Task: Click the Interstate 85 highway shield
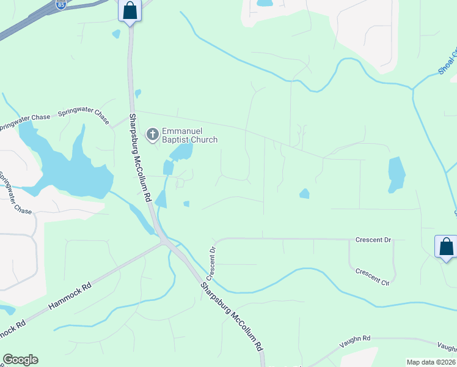click(60, 5)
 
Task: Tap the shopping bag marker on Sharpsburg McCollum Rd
click(130, 10)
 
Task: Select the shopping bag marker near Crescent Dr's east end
click(447, 247)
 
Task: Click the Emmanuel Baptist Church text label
click(189, 135)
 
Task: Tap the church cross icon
click(152, 134)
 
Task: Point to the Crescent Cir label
click(372, 276)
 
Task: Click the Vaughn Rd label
click(357, 338)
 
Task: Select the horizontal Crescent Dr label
click(373, 240)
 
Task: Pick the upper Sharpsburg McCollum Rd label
click(140, 158)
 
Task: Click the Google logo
click(20, 360)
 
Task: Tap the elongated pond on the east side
click(397, 174)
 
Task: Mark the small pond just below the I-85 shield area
click(116, 34)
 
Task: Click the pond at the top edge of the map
click(265, 3)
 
